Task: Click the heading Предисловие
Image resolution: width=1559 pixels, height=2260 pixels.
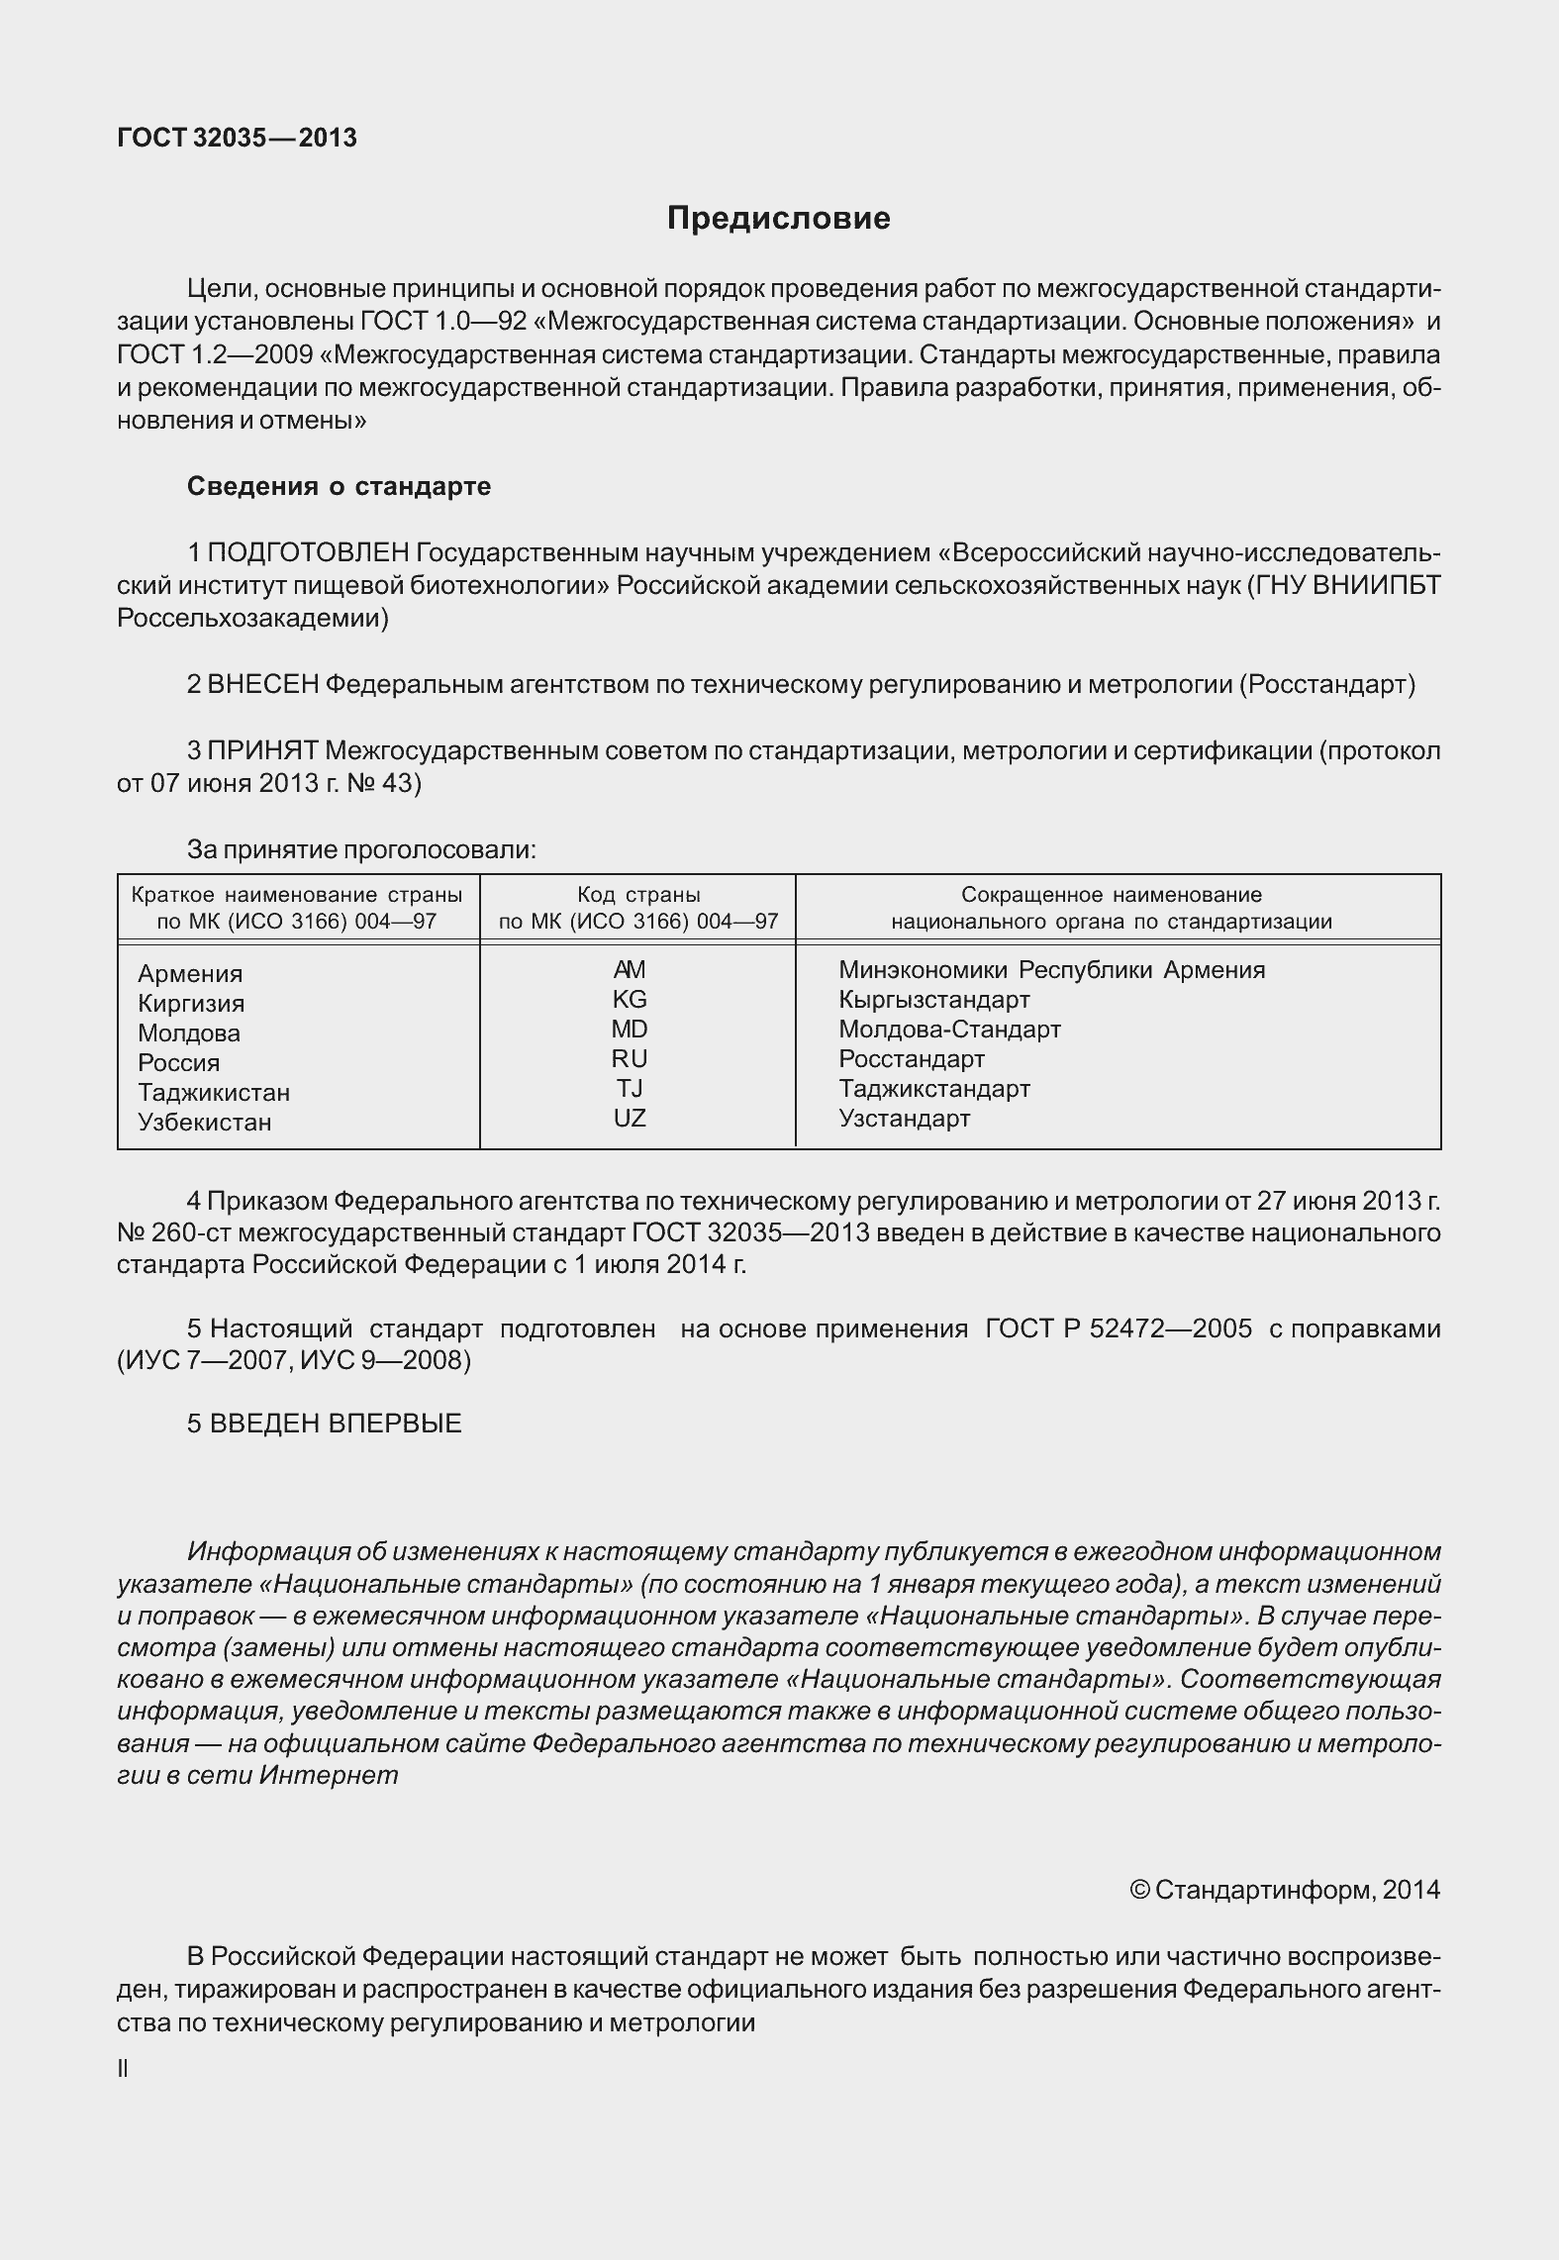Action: pyautogui.click(x=778, y=219)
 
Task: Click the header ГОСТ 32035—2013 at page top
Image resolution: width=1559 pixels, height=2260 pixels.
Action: pyautogui.click(x=237, y=139)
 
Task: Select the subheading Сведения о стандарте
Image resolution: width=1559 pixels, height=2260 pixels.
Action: pyautogui.click(x=339, y=487)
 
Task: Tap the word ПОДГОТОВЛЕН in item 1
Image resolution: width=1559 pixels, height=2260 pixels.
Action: pyautogui.click(x=308, y=552)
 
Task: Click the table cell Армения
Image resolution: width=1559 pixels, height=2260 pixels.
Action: pyautogui.click(x=190, y=974)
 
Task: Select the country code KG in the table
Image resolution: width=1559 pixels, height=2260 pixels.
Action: pyautogui.click(x=630, y=999)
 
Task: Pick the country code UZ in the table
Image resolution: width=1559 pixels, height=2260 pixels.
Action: pyautogui.click(x=630, y=1118)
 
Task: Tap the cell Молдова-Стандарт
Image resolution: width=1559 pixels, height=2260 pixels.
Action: pyautogui.click(x=949, y=1030)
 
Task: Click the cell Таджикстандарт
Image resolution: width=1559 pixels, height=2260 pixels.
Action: pyautogui.click(x=933, y=1089)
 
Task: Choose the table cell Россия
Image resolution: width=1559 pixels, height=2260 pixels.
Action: pyautogui.click(x=178, y=1063)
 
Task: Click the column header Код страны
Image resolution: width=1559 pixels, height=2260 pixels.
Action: pyautogui.click(x=638, y=896)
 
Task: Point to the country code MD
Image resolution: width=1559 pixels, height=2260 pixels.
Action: pyautogui.click(x=630, y=1029)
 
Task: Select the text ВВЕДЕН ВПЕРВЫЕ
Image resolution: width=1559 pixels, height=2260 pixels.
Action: pyautogui.click(x=336, y=1424)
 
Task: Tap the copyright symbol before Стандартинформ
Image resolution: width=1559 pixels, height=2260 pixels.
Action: pyautogui.click(x=1138, y=1890)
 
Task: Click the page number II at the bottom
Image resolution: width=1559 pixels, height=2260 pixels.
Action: pyautogui.click(x=123, y=2068)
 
